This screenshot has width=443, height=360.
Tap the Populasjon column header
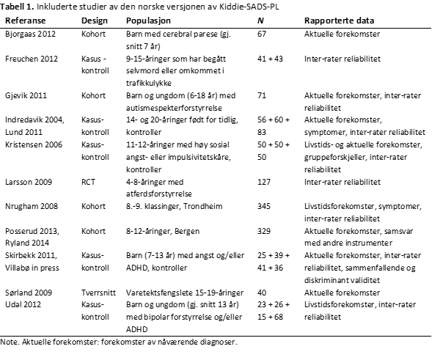click(x=145, y=21)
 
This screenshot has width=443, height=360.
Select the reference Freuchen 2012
click(x=31, y=56)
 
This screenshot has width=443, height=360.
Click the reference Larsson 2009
click(x=27, y=181)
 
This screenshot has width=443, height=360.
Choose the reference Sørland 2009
click(x=28, y=290)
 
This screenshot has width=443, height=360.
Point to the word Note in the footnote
click(x=10, y=342)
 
